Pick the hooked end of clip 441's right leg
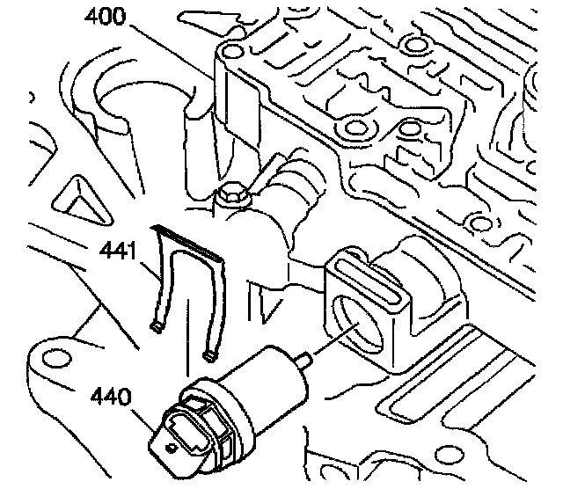[x=209, y=354]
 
